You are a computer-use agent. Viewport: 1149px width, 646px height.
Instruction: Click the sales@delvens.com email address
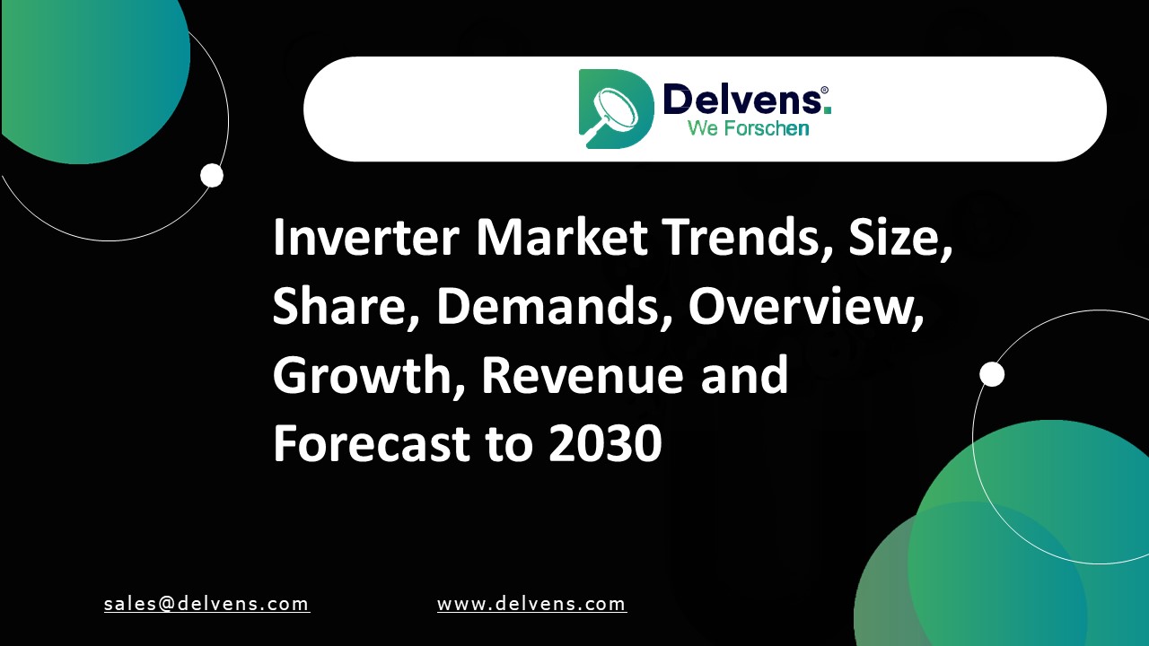point(206,604)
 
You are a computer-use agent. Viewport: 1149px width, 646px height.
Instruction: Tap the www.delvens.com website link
point(531,604)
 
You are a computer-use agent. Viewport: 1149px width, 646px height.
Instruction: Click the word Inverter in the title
point(366,238)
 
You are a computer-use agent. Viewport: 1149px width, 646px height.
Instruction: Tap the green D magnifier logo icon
point(615,109)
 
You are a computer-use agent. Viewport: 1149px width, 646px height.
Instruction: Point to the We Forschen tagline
point(748,128)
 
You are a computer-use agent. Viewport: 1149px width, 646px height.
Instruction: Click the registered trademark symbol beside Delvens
point(824,91)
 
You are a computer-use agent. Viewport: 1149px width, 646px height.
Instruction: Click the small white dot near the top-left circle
point(212,175)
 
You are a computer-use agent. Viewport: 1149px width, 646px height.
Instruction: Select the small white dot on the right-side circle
point(992,374)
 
